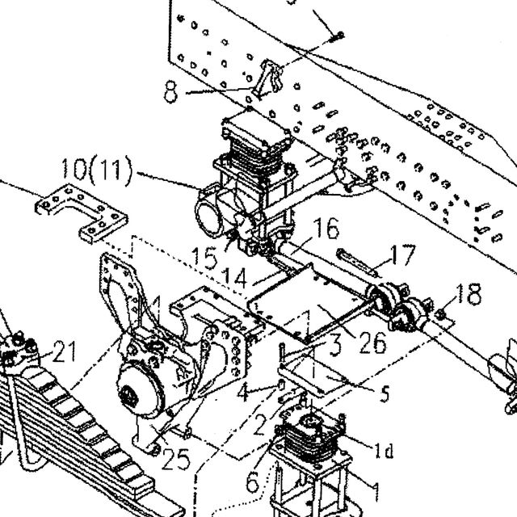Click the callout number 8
(170, 93)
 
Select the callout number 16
(326, 228)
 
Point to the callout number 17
(402, 255)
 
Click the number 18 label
(469, 294)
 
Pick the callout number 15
(204, 258)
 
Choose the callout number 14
(234, 278)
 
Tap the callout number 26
(372, 343)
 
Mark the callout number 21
(65, 351)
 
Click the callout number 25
(176, 459)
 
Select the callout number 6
(253, 482)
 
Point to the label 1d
(384, 450)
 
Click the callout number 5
(385, 393)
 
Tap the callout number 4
(244, 392)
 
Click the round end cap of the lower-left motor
(140, 393)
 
